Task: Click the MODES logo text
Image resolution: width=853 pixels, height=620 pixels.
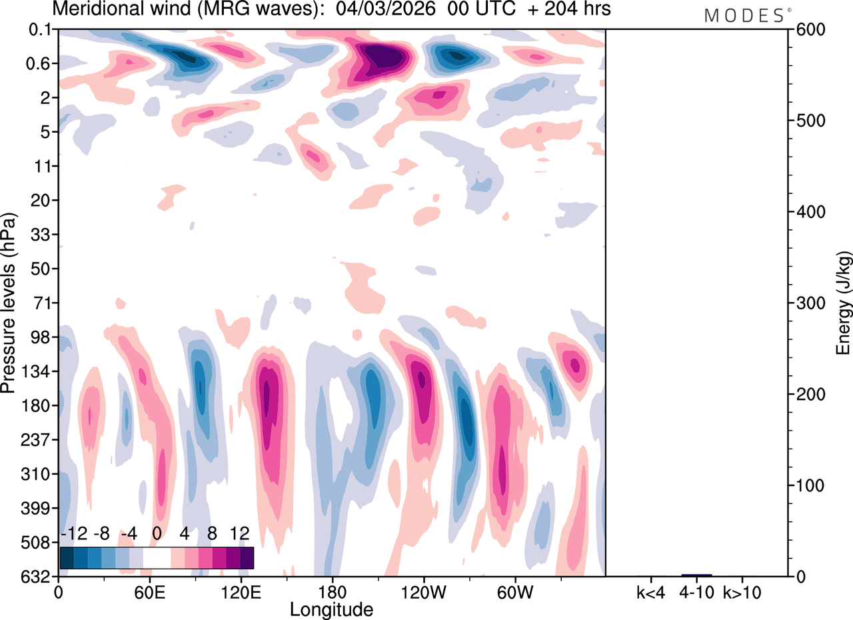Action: coord(744,16)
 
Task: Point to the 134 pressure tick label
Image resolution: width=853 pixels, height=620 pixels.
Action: coord(38,371)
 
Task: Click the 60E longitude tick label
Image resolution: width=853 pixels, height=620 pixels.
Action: coord(149,592)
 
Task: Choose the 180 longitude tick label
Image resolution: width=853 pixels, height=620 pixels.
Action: coord(331,592)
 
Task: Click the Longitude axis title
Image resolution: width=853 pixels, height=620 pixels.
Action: coord(331,609)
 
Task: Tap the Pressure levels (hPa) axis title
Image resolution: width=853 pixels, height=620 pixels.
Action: coord(9,293)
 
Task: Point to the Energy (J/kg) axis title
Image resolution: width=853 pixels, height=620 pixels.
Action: coord(844,303)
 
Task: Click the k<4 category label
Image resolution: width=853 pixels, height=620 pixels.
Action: coord(650,592)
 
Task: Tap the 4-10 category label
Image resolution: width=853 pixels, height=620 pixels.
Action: coord(696,592)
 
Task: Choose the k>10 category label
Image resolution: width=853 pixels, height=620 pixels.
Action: coord(742,592)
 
